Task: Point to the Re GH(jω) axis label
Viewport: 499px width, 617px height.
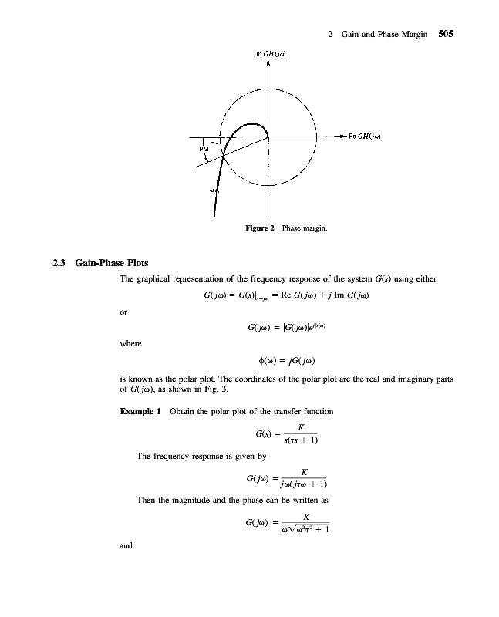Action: (367, 137)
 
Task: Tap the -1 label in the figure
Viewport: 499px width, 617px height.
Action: (217, 141)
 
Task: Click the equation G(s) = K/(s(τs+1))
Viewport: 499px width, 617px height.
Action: (285, 434)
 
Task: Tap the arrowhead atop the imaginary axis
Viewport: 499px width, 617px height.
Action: (268, 64)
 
